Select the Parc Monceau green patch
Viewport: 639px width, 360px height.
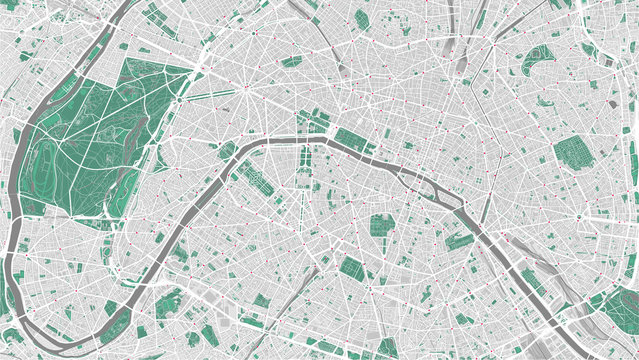(x=292, y=61)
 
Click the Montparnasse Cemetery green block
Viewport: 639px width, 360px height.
(x=351, y=267)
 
